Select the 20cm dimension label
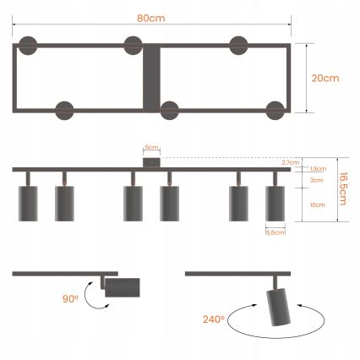point(325,79)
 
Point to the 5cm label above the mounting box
point(151,146)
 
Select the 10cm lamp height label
point(317,205)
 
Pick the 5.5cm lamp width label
point(275,232)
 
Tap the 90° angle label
point(69,297)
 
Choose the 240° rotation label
point(213,319)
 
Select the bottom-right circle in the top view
point(275,110)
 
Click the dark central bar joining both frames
point(152,79)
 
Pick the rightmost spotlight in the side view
point(275,203)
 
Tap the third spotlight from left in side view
point(133,203)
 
